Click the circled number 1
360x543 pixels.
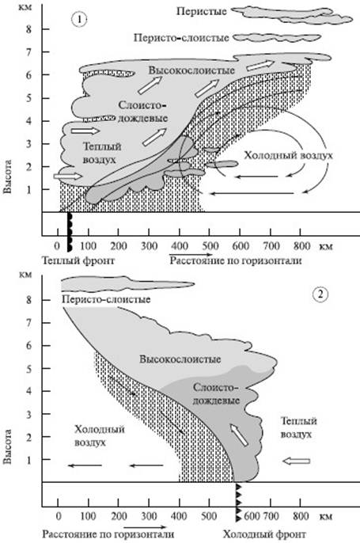(79, 20)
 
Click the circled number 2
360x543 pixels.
(320, 294)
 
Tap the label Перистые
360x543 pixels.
(202, 11)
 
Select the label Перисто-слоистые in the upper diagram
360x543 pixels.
(181, 38)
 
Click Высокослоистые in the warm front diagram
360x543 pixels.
(191, 70)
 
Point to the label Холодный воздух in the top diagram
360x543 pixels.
(288, 155)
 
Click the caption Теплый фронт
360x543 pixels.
(78, 260)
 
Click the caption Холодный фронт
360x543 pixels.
(264, 534)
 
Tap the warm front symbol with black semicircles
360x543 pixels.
(70, 232)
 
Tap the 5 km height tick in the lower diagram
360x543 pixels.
(28, 369)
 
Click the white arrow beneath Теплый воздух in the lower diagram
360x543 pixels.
(296, 461)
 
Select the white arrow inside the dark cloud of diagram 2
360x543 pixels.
(239, 435)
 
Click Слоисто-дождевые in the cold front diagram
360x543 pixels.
(216, 394)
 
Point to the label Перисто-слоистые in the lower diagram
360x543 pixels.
(106, 299)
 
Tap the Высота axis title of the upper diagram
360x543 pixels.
(7, 177)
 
